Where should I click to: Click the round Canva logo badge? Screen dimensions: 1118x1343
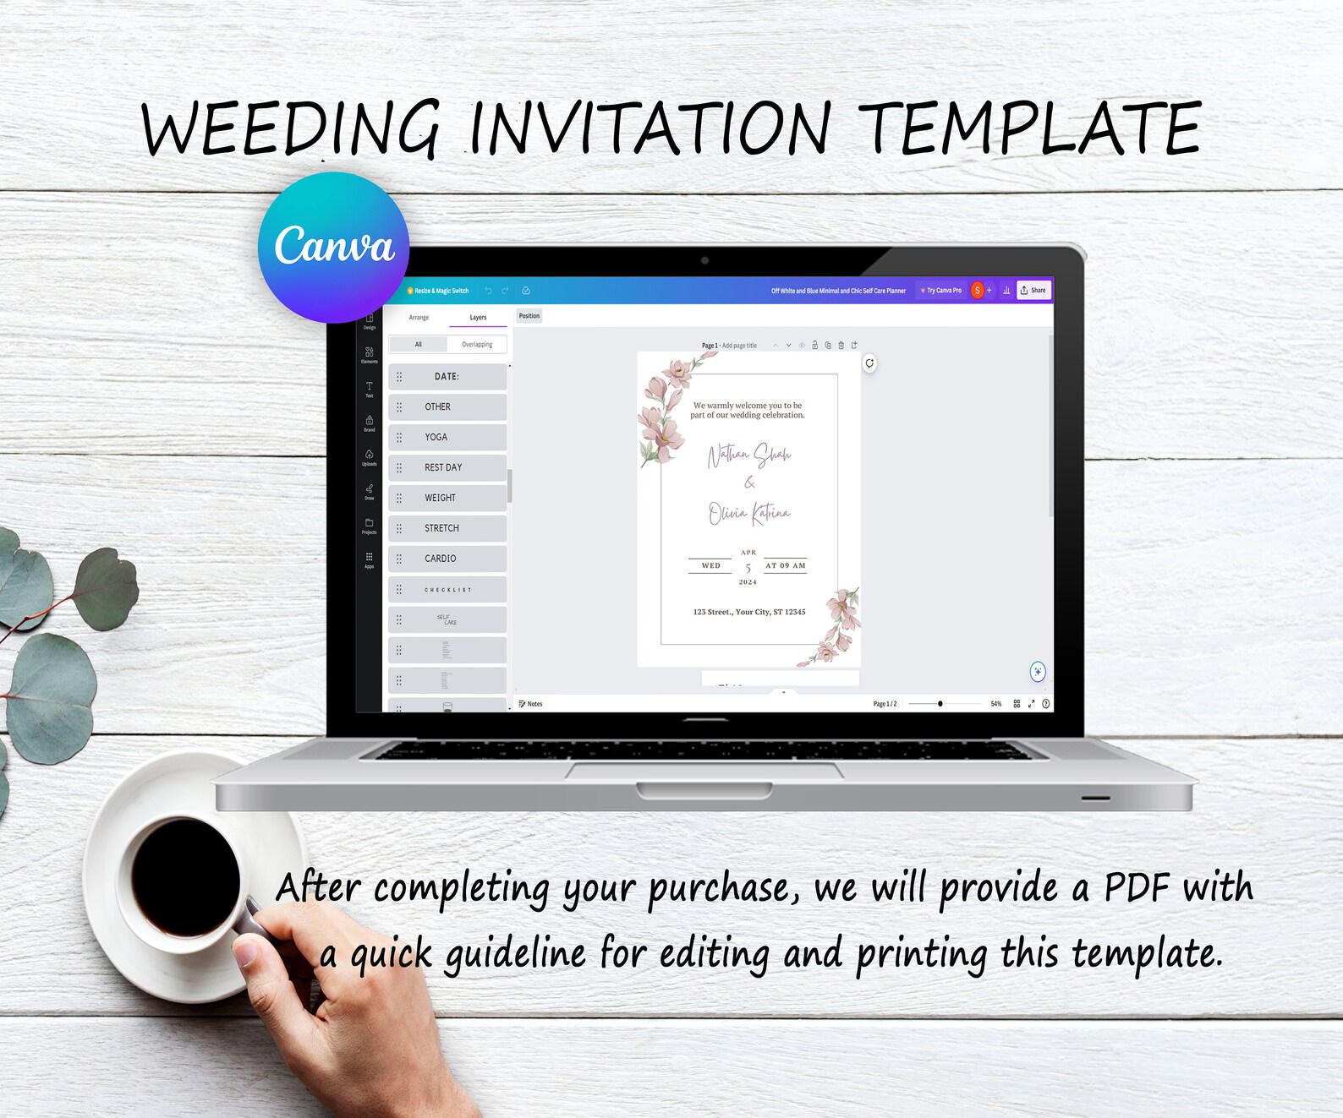(x=334, y=248)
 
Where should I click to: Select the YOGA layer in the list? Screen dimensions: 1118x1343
(x=447, y=437)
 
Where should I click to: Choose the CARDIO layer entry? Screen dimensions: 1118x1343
(x=447, y=559)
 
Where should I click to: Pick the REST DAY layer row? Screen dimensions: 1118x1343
(x=447, y=467)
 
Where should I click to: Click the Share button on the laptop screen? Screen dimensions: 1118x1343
(x=1033, y=291)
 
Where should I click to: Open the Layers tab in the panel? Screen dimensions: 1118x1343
(x=478, y=318)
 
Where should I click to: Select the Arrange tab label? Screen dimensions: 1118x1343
(x=419, y=318)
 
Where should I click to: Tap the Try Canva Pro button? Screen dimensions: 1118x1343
(x=941, y=291)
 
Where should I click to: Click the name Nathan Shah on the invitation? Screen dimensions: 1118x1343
(x=749, y=455)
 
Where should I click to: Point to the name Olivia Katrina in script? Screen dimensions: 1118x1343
(x=749, y=513)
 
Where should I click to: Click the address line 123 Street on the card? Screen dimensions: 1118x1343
(x=749, y=612)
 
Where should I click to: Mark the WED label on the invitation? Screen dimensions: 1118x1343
(x=710, y=565)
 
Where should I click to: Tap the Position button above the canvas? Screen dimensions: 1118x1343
(x=529, y=316)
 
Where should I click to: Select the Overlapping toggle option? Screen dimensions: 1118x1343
(x=477, y=345)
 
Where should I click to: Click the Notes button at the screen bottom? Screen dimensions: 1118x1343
(x=531, y=704)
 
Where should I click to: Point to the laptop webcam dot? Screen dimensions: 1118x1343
(x=704, y=260)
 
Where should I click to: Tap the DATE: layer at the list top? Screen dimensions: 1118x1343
(x=447, y=377)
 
